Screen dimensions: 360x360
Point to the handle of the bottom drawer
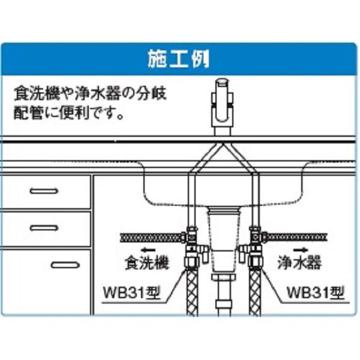coord(64,265)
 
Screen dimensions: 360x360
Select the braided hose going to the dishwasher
coord(150,237)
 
